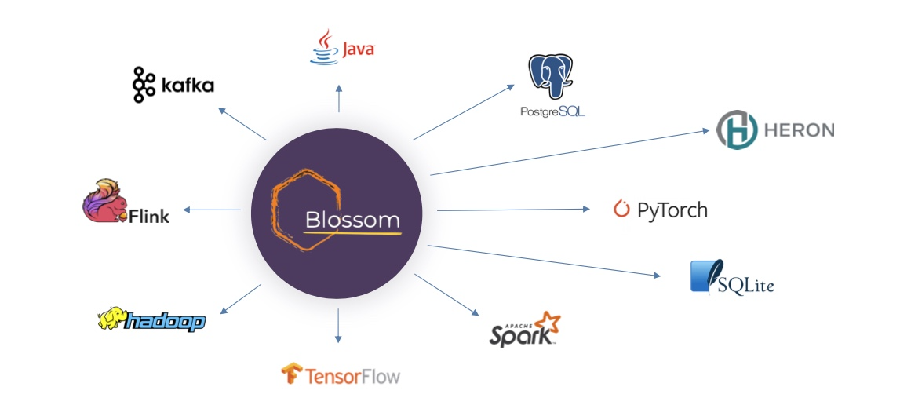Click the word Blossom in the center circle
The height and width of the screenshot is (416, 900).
[352, 219]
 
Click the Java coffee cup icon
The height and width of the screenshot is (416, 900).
[323, 47]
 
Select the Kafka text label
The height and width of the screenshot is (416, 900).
[188, 86]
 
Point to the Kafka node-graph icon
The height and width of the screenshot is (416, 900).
[143, 85]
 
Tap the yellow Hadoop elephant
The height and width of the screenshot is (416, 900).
[111, 319]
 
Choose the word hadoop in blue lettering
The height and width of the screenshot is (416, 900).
[166, 321]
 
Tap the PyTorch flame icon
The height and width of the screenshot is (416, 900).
[621, 210]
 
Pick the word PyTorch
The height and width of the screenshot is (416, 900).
[672, 210]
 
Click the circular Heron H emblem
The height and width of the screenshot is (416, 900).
[737, 130]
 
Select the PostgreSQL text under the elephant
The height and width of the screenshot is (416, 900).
[552, 112]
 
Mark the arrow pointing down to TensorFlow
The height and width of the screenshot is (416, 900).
[338, 325]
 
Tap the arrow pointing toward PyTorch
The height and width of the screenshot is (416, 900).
[513, 210]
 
